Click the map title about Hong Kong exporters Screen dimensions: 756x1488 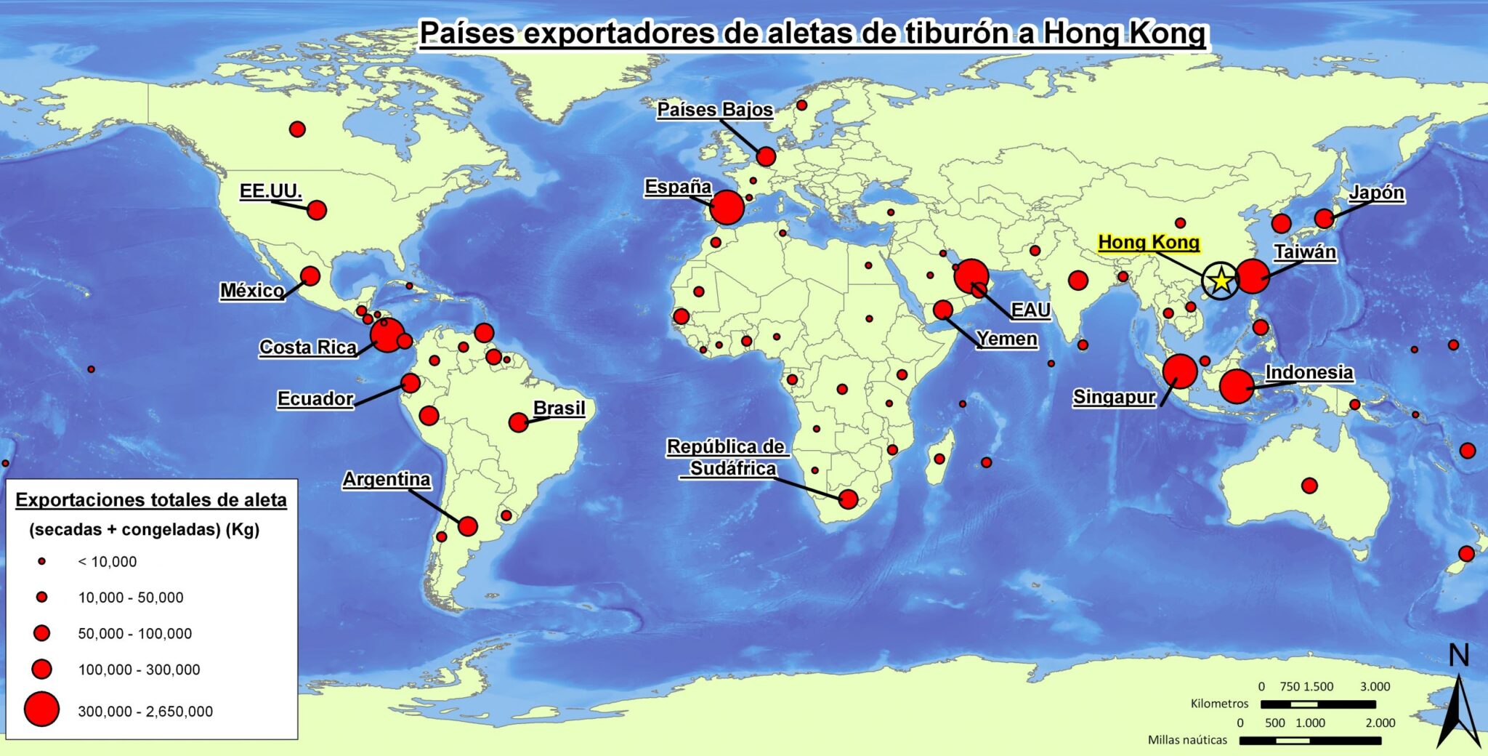pos(812,33)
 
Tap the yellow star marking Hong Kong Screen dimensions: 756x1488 pos(1221,280)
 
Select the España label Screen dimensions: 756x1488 pos(678,187)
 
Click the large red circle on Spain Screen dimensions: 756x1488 pos(727,208)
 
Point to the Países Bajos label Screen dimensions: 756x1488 pos(715,110)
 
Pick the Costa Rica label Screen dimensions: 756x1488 pos(308,347)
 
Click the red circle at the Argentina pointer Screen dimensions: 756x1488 pos(468,526)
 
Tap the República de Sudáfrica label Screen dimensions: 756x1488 pos(727,457)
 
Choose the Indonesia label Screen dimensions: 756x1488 pos(1309,373)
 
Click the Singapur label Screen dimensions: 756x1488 pos(1114,397)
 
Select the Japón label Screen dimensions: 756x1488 pos(1376,193)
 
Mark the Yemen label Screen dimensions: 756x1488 pos(1006,339)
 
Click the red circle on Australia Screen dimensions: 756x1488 pos(1309,486)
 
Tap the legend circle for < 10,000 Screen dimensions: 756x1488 pos(42,561)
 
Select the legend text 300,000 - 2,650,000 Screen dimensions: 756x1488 pos(145,712)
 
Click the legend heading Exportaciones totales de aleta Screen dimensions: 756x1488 pos(151,500)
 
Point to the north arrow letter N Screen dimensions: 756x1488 pos(1458,656)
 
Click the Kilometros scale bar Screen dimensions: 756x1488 pos(1318,704)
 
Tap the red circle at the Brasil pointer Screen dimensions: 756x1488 pos(518,422)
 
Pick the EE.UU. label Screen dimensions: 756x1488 pos(270,191)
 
